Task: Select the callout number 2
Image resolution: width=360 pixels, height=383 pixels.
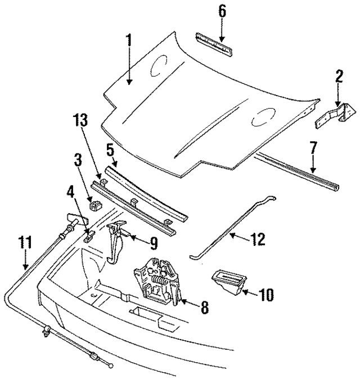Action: click(339, 76)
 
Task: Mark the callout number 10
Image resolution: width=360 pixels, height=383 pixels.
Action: click(267, 294)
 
